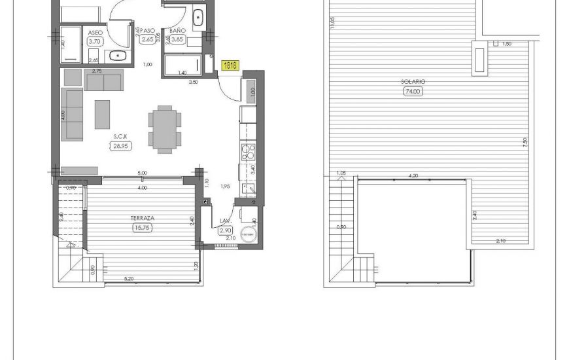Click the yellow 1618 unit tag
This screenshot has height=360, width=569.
(x=230, y=65)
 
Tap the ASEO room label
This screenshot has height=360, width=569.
(x=94, y=31)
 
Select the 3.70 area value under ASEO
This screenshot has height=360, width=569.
(x=94, y=41)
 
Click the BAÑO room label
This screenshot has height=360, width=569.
(x=177, y=31)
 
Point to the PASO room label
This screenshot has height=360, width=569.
(x=147, y=31)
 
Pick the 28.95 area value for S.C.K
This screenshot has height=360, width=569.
(x=120, y=147)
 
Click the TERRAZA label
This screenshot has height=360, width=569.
(x=141, y=217)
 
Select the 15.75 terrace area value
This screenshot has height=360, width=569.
(x=142, y=228)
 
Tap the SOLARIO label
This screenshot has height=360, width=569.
(x=413, y=82)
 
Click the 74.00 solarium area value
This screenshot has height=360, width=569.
(x=413, y=92)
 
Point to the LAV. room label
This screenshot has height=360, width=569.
(x=226, y=221)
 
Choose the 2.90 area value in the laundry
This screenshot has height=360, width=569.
(x=226, y=230)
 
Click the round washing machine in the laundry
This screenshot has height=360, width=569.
(x=247, y=234)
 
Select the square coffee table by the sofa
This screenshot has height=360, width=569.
(x=103, y=114)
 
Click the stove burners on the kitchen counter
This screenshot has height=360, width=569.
(x=249, y=154)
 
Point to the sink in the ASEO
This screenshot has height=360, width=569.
(x=118, y=56)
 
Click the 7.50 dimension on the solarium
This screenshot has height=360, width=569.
(x=525, y=142)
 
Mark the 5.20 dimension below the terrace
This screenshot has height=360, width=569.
(x=128, y=279)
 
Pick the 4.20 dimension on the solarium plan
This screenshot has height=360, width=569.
(x=413, y=175)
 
